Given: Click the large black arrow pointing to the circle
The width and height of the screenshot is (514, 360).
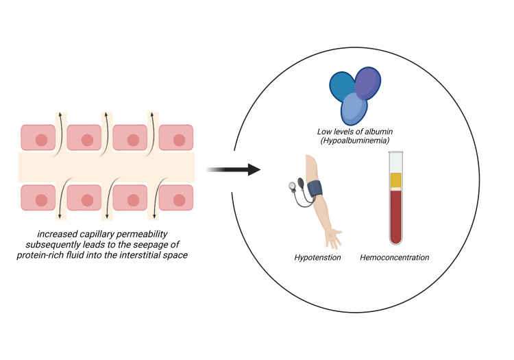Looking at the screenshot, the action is tap(234, 169).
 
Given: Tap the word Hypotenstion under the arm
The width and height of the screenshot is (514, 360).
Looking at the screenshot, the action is tap(317, 257).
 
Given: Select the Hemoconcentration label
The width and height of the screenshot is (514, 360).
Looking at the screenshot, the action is tap(394, 257).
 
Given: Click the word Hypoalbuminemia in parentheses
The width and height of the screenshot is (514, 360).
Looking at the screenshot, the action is tap(355, 141).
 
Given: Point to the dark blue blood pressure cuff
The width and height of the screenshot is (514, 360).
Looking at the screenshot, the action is tap(315, 189).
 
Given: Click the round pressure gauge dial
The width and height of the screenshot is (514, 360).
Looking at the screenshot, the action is tap(292, 186).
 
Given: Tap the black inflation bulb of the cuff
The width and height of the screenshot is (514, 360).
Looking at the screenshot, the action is tap(301, 182).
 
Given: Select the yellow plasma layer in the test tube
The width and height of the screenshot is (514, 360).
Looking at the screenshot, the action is tap(395, 180).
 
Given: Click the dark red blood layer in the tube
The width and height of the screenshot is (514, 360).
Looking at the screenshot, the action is tap(395, 217).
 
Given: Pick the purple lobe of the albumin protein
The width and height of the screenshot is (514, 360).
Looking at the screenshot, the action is tap(369, 82).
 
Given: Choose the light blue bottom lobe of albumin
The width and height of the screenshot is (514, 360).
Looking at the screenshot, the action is tap(354, 109).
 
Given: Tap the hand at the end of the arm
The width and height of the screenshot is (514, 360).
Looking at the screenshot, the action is tap(334, 238).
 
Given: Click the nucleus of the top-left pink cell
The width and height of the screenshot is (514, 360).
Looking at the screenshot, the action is tap(41, 140).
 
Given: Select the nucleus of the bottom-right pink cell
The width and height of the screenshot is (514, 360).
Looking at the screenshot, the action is tap(179, 200).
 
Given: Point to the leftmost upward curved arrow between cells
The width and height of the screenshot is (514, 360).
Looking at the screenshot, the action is tap(60, 134).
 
